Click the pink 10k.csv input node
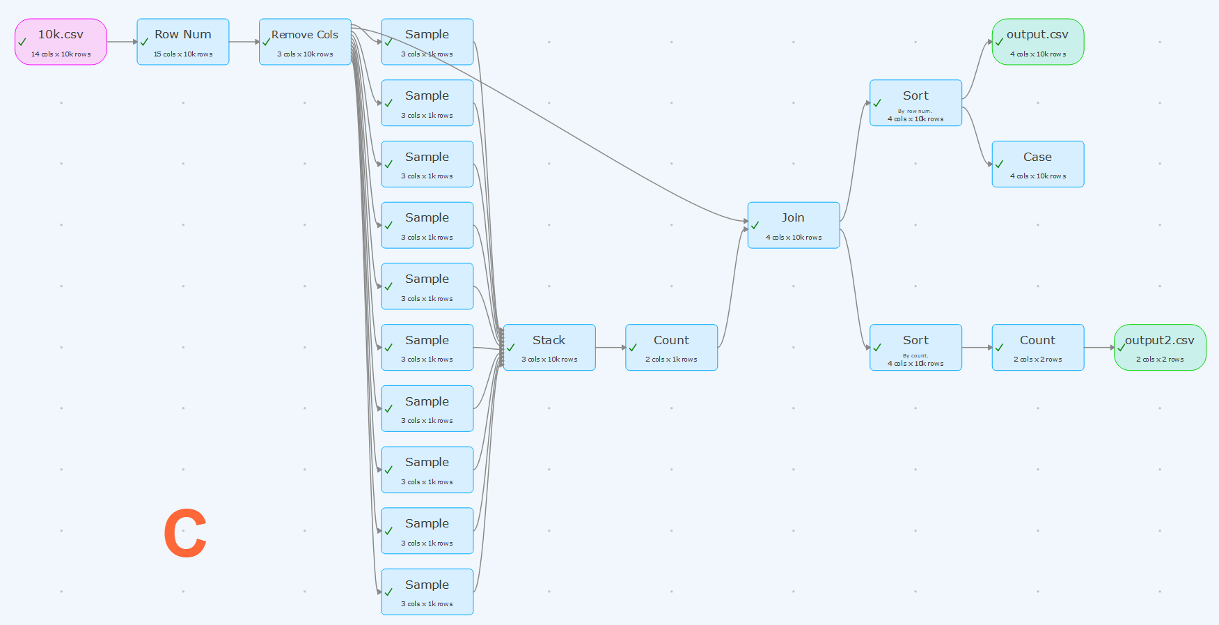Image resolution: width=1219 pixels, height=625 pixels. pyautogui.click(x=61, y=42)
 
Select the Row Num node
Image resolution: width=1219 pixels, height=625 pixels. pyautogui.click(x=183, y=42)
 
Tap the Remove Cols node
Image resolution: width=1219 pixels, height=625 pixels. pyautogui.click(x=305, y=42)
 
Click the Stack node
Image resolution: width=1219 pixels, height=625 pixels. pyautogui.click(x=549, y=347)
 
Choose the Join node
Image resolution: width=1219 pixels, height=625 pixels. pyautogui.click(x=794, y=225)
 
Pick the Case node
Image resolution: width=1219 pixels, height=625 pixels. pyautogui.click(x=1038, y=164)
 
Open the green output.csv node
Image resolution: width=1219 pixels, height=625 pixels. pyautogui.click(x=1038, y=42)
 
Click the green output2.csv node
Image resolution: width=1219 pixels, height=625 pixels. pyautogui.click(x=1160, y=347)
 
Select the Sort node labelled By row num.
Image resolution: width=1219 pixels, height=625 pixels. pyautogui.click(x=915, y=102)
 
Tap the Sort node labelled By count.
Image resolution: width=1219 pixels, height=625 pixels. pyautogui.click(x=915, y=347)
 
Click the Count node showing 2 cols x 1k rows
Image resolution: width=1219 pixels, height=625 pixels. pyautogui.click(x=671, y=347)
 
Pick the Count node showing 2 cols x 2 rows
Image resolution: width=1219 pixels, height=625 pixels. pyautogui.click(x=1038, y=347)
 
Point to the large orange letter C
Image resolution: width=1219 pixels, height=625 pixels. pyautogui.click(x=185, y=533)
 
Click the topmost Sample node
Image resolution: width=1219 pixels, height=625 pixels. pyautogui.click(x=427, y=42)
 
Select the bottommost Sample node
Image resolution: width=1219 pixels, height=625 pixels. pyautogui.click(x=427, y=592)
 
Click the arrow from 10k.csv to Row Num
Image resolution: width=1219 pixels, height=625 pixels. pyautogui.click(x=122, y=42)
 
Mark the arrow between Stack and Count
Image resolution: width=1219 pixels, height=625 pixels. pyautogui.click(x=611, y=347)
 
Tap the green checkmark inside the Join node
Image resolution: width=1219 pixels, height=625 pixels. pyautogui.click(x=755, y=225)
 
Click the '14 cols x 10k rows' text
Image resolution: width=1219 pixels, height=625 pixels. pyautogui.click(x=61, y=54)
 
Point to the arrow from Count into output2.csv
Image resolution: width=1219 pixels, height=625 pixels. pyautogui.click(x=1099, y=347)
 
